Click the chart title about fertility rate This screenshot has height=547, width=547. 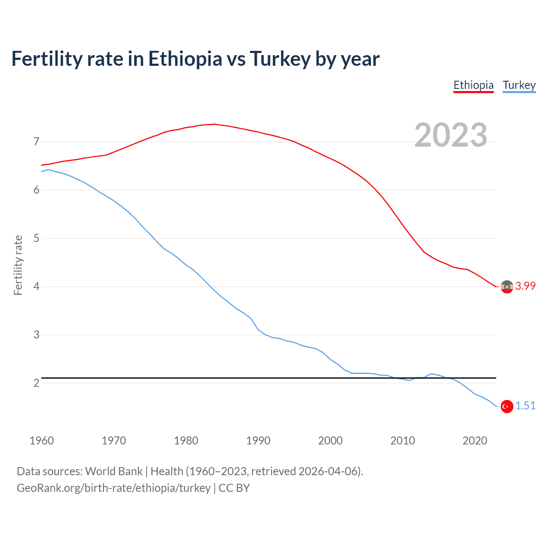pos(195,59)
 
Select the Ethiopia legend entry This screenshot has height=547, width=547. pos(473,85)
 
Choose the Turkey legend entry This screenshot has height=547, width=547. pos(519,85)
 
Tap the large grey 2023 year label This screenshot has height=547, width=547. pos(450,135)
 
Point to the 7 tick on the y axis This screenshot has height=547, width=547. pos(36,141)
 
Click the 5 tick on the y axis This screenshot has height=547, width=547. pos(36,238)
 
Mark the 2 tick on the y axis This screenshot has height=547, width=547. pos(36,383)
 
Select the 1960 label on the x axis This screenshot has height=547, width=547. pos(41,441)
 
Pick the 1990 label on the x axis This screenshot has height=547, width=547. pos(258,441)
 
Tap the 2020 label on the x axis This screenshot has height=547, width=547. pos(475,441)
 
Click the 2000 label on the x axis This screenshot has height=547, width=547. pos(330,441)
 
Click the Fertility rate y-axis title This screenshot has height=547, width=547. pos(18,265)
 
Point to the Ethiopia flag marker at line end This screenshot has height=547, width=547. pos(507,287)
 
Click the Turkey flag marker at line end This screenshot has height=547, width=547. pos(507,406)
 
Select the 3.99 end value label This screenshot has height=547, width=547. pos(525,286)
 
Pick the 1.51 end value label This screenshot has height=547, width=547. pos(525,406)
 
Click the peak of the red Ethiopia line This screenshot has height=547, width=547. pos(214,124)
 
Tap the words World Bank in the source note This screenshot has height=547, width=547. pos(114,471)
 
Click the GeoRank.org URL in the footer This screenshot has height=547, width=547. pos(113,488)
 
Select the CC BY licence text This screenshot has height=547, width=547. pos(234,488)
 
